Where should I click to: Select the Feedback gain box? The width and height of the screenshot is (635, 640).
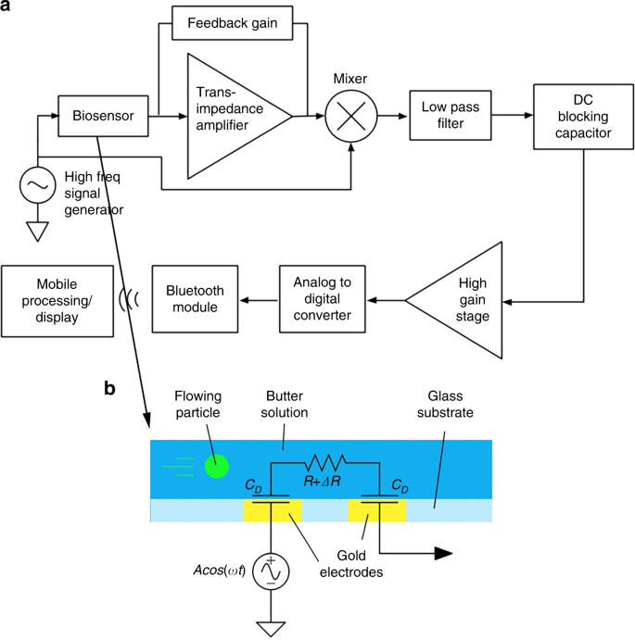click(x=234, y=22)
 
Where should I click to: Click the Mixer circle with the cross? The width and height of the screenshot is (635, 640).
click(x=353, y=118)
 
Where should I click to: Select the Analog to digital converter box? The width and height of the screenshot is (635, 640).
click(x=322, y=299)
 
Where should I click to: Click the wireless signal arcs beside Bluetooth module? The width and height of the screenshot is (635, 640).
click(x=129, y=299)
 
